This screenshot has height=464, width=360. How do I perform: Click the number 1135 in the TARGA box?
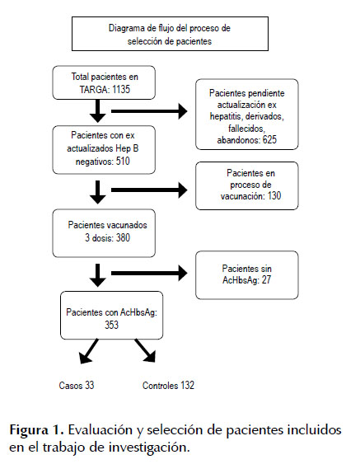tap(121, 89)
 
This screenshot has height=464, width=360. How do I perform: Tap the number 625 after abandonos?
tap(269, 139)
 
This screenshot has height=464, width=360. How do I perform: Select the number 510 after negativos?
tap(123, 162)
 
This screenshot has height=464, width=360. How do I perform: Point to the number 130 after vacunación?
tap(274, 196)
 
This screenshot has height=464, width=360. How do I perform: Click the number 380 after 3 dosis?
tap(123, 237)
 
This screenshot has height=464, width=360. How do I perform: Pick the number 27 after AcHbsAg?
tap(266, 279)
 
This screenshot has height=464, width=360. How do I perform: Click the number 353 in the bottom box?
tap(111, 325)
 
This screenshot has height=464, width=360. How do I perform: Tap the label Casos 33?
tap(77, 385)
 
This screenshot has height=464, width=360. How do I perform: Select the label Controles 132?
tap(168, 385)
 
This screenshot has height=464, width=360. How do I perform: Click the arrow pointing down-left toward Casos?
tap(88, 351)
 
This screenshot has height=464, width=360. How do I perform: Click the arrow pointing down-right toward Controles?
tap(145, 350)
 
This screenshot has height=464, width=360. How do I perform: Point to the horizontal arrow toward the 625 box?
tap(149, 111)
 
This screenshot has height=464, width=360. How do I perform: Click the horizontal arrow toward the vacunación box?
tap(149, 190)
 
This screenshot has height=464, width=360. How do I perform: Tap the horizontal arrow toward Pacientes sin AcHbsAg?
tap(149, 273)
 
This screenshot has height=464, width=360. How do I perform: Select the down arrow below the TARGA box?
tap(97, 111)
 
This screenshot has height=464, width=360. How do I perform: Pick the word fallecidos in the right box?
tap(246, 129)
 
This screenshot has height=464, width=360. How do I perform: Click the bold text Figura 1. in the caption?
tap(36, 429)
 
